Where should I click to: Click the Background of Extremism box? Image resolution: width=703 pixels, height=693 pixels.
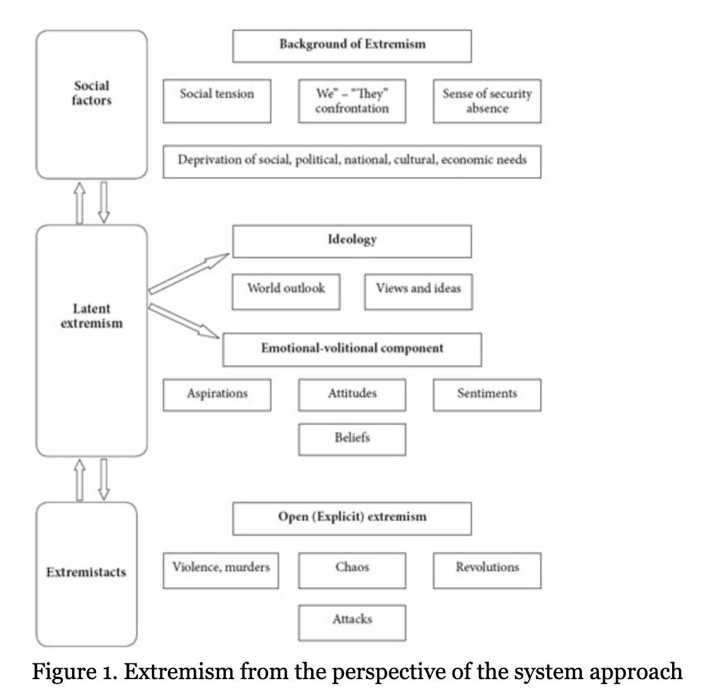(x=351, y=45)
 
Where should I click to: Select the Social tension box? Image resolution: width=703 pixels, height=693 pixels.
(x=216, y=100)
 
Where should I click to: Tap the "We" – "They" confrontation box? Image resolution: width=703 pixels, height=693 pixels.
(x=351, y=100)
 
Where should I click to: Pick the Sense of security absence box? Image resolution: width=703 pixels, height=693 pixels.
(x=487, y=100)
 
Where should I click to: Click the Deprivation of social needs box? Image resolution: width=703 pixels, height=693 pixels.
(x=351, y=161)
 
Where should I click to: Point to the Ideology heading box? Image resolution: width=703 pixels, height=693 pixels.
(x=351, y=241)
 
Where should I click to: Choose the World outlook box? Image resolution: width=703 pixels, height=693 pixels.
(x=286, y=291)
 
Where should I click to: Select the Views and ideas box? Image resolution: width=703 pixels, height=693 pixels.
(x=418, y=291)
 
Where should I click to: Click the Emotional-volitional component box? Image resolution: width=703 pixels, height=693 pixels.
(x=351, y=350)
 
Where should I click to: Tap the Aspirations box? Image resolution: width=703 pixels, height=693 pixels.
(x=216, y=394)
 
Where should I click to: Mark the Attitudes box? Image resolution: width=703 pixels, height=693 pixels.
(x=351, y=394)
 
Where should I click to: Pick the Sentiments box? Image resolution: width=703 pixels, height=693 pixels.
(x=487, y=394)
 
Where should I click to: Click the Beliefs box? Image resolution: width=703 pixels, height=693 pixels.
(x=351, y=439)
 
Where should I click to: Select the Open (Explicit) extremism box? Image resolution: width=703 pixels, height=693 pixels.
(x=351, y=518)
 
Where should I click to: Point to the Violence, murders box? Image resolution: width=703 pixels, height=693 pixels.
(x=220, y=570)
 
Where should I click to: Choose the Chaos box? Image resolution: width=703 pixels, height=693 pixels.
(x=351, y=570)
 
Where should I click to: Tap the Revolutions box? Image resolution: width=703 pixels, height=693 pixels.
(x=487, y=570)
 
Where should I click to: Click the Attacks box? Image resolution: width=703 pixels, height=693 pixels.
(x=351, y=622)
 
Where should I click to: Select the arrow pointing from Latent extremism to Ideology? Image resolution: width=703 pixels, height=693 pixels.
(x=189, y=273)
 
